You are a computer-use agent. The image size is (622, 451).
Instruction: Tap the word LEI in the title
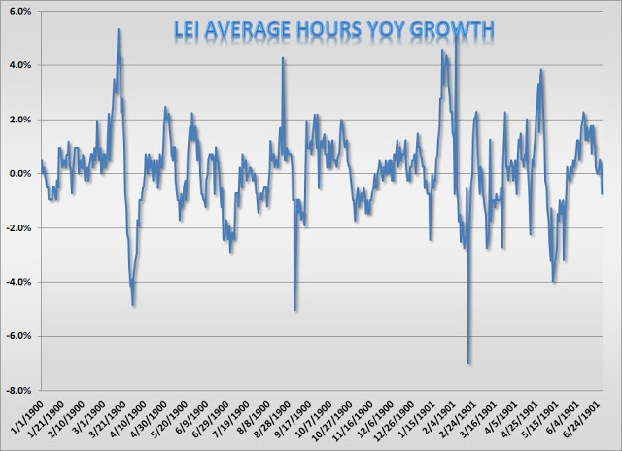187,29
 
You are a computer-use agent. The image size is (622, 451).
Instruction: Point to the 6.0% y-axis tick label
20,11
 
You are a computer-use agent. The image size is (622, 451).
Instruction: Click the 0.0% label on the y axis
20,174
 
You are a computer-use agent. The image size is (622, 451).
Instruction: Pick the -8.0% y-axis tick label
18,391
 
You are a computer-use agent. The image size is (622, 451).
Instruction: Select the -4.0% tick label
18,282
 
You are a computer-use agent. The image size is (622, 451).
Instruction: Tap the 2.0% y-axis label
20,120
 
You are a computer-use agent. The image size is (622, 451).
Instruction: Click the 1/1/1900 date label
26,416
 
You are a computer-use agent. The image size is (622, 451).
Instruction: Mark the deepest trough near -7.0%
468,363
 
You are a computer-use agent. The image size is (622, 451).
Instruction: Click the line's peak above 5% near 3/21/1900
119,29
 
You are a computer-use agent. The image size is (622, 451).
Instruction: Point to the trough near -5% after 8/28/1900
295,310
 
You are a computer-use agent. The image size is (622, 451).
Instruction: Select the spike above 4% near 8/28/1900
283,58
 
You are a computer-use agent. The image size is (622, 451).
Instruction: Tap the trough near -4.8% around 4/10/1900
133,305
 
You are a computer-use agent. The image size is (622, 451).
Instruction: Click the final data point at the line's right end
603,194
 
